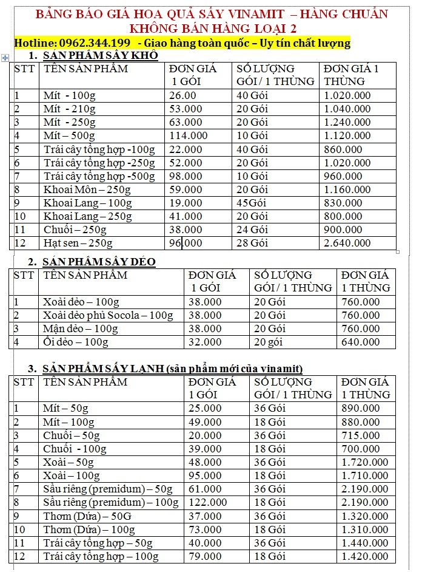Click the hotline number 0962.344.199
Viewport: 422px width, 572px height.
pyautogui.click(x=95, y=43)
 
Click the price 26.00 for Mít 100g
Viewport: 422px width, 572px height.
pyautogui.click(x=183, y=95)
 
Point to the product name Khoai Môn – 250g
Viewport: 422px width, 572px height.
pyautogui.click(x=87, y=189)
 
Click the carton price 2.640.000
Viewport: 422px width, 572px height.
pyautogui.click(x=347, y=243)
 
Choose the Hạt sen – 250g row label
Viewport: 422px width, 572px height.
pyautogui.click(x=78, y=243)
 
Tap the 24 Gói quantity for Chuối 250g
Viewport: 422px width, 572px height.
pyautogui.click(x=252, y=230)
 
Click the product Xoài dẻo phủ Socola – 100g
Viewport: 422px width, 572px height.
pyautogui.click(x=108, y=315)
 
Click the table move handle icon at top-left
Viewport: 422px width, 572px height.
pyautogui.click(x=5, y=58)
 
